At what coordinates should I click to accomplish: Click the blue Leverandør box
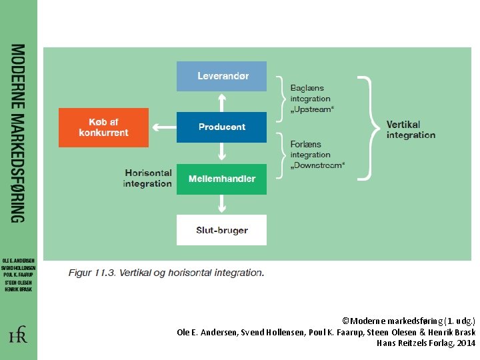click(x=221, y=76)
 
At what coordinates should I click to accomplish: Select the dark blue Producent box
click(x=221, y=127)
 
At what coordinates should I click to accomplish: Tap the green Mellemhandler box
click(x=221, y=179)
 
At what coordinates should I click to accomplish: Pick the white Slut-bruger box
click(x=221, y=230)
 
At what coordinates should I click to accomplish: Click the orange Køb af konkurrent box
click(x=103, y=127)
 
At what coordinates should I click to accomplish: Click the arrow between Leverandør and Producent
click(x=221, y=101)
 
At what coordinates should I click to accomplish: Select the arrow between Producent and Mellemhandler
click(x=221, y=153)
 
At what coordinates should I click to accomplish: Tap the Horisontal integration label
click(x=147, y=178)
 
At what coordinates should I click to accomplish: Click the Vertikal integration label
click(x=411, y=129)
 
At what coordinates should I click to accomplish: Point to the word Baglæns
click(x=307, y=88)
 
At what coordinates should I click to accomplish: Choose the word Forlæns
click(x=306, y=144)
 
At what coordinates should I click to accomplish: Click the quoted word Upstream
click(x=312, y=109)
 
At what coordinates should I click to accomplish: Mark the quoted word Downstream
click(x=317, y=165)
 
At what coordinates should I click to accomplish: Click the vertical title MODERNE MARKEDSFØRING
click(x=18, y=133)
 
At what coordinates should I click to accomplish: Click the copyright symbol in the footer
click(x=344, y=321)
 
